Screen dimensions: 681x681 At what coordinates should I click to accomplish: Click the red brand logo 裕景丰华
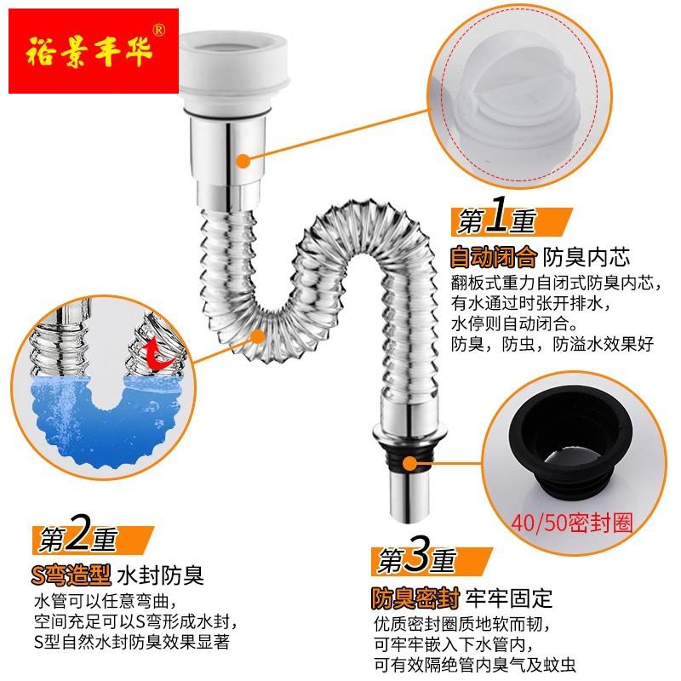(89, 50)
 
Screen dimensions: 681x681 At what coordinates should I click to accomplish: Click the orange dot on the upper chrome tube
(243, 159)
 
